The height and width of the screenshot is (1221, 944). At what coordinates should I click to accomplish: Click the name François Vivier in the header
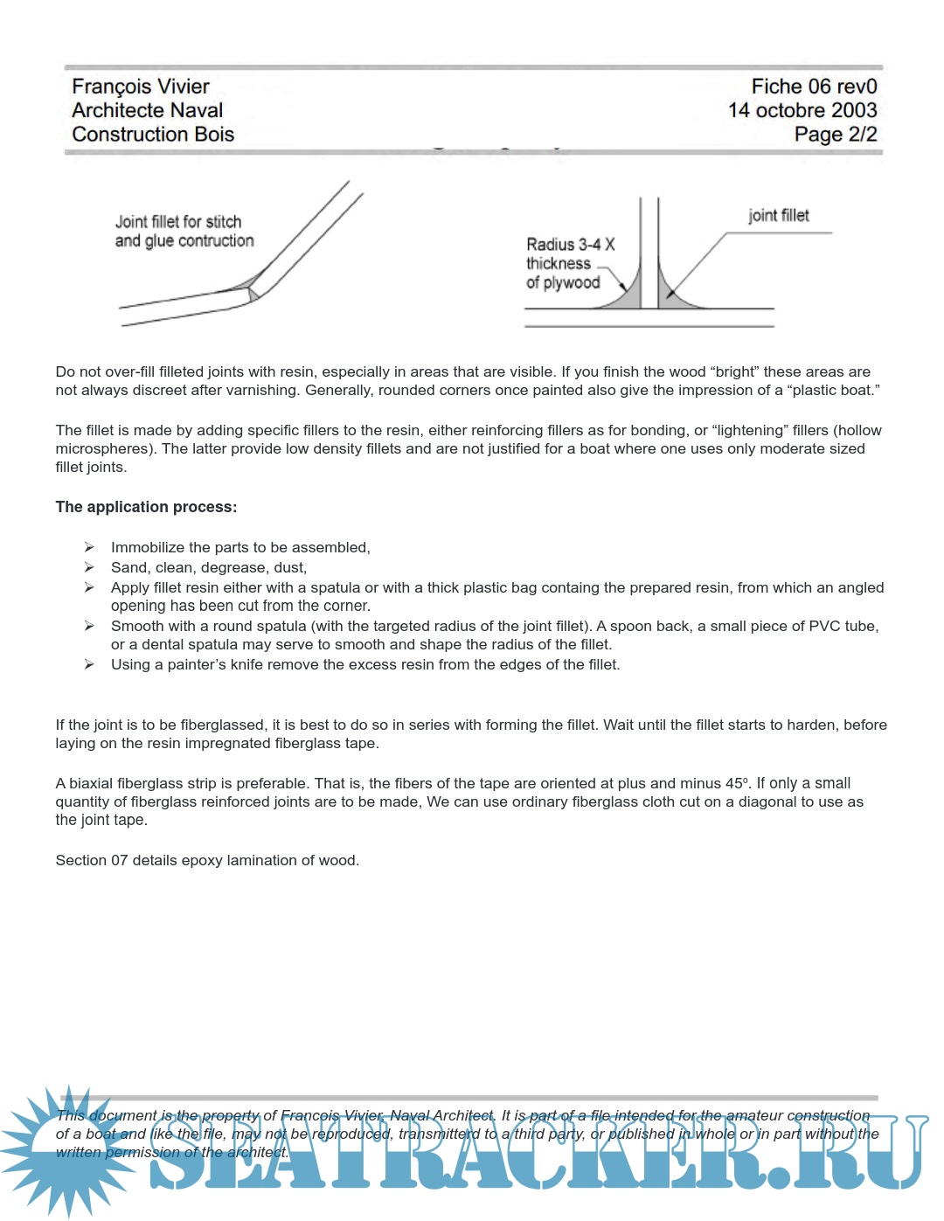(x=141, y=87)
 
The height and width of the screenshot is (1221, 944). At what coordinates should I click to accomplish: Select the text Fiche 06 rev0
(x=814, y=87)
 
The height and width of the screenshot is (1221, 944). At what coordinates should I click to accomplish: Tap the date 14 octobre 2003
(x=802, y=110)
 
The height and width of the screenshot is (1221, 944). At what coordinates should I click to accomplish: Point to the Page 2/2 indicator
(x=835, y=134)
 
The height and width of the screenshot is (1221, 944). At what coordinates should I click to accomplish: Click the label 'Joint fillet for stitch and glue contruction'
(x=184, y=232)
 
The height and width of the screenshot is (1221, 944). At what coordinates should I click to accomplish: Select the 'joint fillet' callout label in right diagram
(x=778, y=216)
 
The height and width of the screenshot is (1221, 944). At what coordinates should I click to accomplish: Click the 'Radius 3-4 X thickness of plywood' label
(x=569, y=263)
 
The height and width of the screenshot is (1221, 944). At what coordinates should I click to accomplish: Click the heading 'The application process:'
(x=146, y=507)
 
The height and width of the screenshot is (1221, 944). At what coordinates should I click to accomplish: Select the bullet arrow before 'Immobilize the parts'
(x=89, y=547)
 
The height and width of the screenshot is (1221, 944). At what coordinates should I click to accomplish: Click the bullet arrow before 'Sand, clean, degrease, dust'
(x=89, y=567)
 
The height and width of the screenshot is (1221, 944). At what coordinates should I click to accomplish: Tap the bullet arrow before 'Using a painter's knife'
(x=89, y=664)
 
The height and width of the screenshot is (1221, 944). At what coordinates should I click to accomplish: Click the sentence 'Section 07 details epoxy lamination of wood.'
(x=207, y=860)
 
